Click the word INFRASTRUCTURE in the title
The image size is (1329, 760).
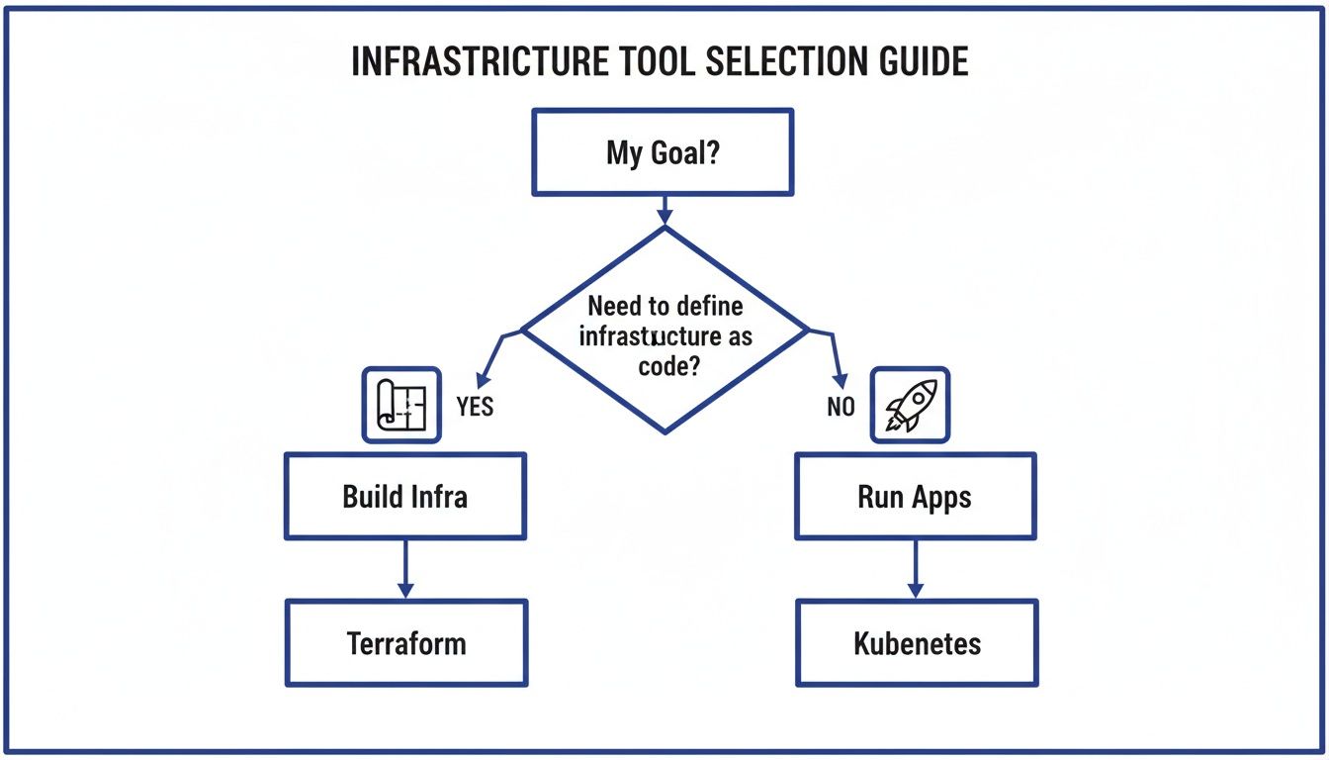click(480, 61)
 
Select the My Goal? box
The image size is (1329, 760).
click(663, 152)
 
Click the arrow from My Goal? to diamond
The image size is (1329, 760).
click(664, 210)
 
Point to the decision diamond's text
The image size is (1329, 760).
click(664, 335)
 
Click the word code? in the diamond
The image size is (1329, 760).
click(664, 365)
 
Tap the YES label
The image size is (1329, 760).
click(475, 407)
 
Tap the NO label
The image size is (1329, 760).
click(841, 407)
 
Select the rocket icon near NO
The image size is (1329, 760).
click(909, 405)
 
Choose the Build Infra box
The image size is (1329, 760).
click(405, 496)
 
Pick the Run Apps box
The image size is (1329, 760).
click(915, 496)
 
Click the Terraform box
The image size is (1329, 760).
click(406, 643)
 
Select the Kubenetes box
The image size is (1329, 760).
click(917, 643)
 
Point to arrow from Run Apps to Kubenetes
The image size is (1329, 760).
click(915, 568)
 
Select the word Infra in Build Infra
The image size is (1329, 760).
click(435, 496)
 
